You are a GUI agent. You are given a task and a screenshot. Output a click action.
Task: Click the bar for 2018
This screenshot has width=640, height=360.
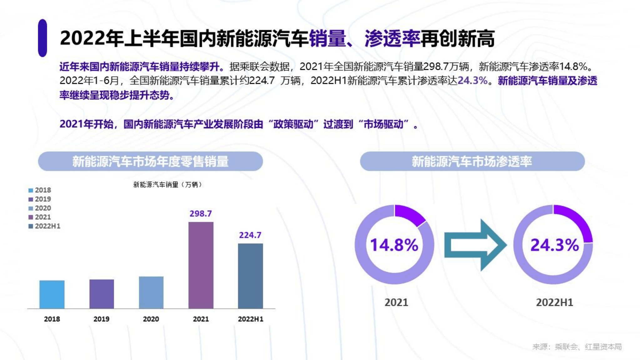(52, 294)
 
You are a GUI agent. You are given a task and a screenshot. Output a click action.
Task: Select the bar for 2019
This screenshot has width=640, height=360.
(102, 294)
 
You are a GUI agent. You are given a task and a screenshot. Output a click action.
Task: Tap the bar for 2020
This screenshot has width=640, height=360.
(151, 292)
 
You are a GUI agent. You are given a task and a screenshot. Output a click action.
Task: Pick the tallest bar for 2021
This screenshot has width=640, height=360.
(201, 265)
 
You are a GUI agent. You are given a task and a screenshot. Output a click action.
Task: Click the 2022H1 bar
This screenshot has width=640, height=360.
(250, 276)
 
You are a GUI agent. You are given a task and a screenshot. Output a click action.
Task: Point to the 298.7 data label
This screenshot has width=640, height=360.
(201, 214)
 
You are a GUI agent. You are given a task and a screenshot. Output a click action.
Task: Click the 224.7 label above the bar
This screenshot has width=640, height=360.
(250, 235)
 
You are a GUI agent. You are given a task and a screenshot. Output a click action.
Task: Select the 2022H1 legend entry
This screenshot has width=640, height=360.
(44, 226)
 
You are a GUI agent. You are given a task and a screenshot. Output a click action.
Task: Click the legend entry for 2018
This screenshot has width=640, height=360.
(40, 190)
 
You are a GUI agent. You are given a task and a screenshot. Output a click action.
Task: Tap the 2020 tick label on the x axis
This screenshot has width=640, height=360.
(151, 319)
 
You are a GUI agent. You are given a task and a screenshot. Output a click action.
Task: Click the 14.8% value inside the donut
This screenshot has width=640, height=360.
(394, 245)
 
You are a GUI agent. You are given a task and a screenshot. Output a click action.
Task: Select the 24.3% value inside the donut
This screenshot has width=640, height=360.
(555, 245)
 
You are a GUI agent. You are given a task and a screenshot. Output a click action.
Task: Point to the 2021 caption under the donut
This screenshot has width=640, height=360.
(396, 302)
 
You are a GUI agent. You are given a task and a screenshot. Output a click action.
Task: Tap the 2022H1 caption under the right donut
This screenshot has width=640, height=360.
(555, 302)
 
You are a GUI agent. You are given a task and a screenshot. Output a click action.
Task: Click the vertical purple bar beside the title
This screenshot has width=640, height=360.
(43, 38)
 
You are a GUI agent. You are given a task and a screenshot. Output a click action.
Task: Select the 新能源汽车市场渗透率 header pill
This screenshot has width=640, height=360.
(472, 161)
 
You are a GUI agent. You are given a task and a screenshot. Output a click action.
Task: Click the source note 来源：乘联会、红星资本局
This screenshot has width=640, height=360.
(577, 347)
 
